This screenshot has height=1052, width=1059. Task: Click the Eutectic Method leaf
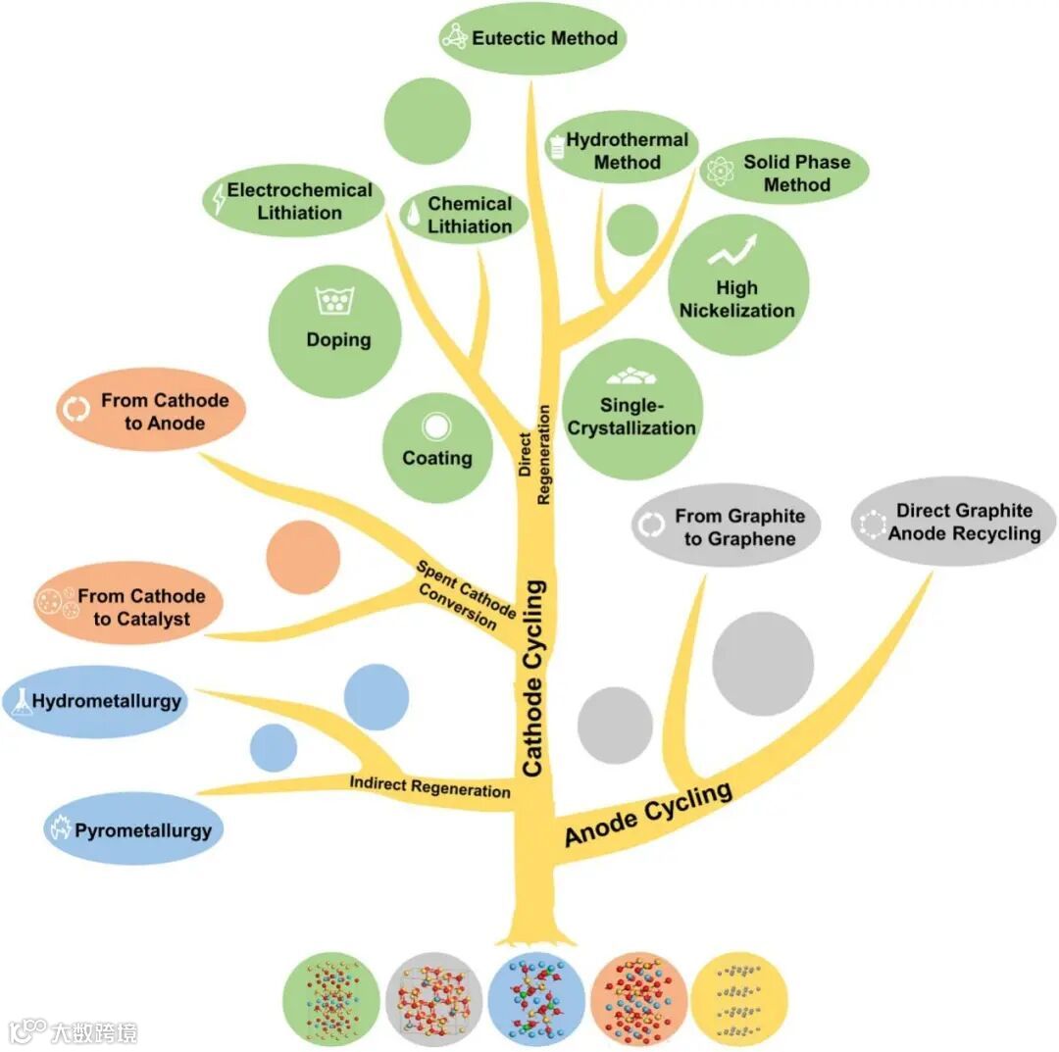point(531,38)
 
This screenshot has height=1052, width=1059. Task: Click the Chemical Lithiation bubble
point(464,215)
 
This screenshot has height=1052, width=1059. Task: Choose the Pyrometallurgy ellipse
point(132,830)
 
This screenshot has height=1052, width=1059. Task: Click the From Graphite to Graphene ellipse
point(726,526)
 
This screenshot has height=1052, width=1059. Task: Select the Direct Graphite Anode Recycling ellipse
point(953,522)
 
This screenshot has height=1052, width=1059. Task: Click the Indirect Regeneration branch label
point(430,786)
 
